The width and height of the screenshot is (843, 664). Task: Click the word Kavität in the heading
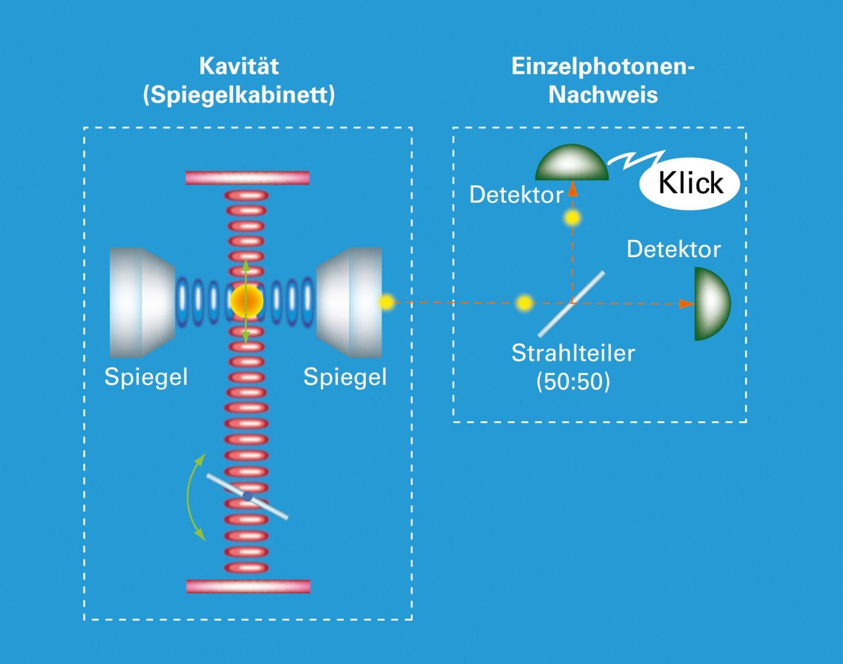click(x=239, y=66)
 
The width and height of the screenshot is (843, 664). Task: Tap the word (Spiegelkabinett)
click(x=239, y=95)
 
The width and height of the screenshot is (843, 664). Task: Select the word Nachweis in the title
click(x=603, y=95)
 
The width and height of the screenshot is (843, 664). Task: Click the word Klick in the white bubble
click(x=690, y=183)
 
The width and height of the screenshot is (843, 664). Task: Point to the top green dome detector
click(x=572, y=163)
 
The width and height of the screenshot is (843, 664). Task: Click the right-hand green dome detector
click(x=712, y=304)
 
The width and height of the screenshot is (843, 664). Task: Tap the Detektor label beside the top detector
click(x=516, y=194)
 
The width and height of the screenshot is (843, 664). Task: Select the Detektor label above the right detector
click(x=674, y=249)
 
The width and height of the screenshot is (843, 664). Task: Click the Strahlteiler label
click(x=573, y=353)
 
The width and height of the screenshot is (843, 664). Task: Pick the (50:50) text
click(x=573, y=381)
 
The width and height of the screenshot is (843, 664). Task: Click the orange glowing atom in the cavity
click(x=246, y=301)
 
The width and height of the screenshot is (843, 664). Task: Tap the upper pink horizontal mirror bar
click(x=248, y=177)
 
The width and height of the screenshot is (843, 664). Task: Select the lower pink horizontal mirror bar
click(x=249, y=587)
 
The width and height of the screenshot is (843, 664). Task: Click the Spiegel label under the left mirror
click(x=146, y=377)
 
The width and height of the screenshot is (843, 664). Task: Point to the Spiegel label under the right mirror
click(x=345, y=377)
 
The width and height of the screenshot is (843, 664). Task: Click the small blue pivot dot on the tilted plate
click(x=248, y=496)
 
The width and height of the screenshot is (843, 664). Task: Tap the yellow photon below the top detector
click(x=572, y=218)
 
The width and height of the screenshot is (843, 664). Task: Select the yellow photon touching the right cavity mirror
click(x=386, y=302)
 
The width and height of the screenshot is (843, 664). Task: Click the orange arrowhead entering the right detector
click(x=687, y=304)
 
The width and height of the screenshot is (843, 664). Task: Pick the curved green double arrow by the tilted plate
click(x=188, y=497)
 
